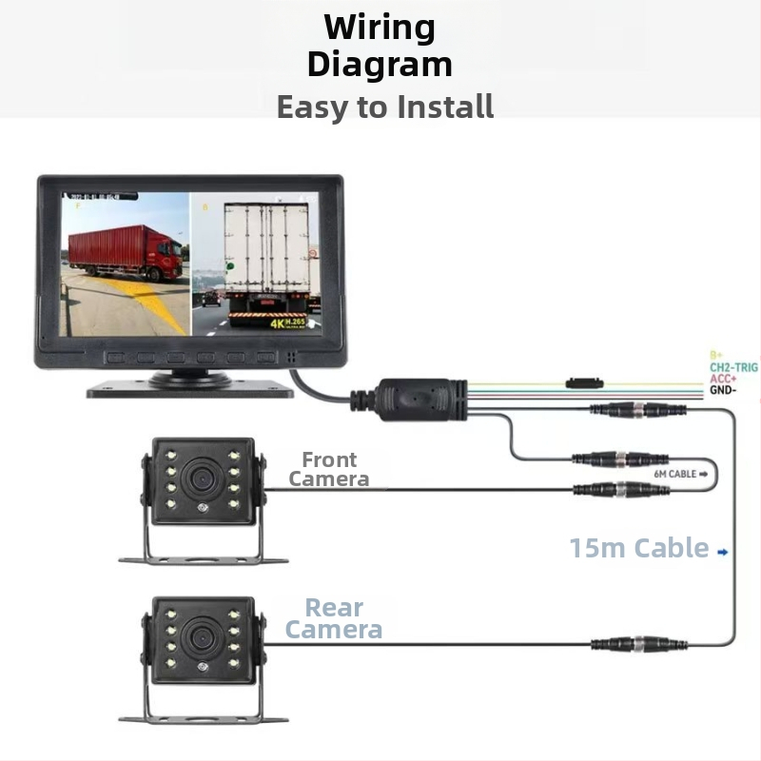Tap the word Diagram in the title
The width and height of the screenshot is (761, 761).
tap(380, 65)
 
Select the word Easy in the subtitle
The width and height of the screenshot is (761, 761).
tap(312, 107)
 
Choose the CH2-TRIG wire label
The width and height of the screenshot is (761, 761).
tap(733, 366)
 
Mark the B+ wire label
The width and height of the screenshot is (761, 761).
tap(716, 354)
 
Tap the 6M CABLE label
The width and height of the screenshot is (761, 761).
tap(675, 473)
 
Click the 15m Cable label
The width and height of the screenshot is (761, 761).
tap(639, 548)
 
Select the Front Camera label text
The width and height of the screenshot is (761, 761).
tap(329, 469)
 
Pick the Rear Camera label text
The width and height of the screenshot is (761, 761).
tap(334, 618)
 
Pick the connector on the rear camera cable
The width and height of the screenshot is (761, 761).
tap(636, 644)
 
